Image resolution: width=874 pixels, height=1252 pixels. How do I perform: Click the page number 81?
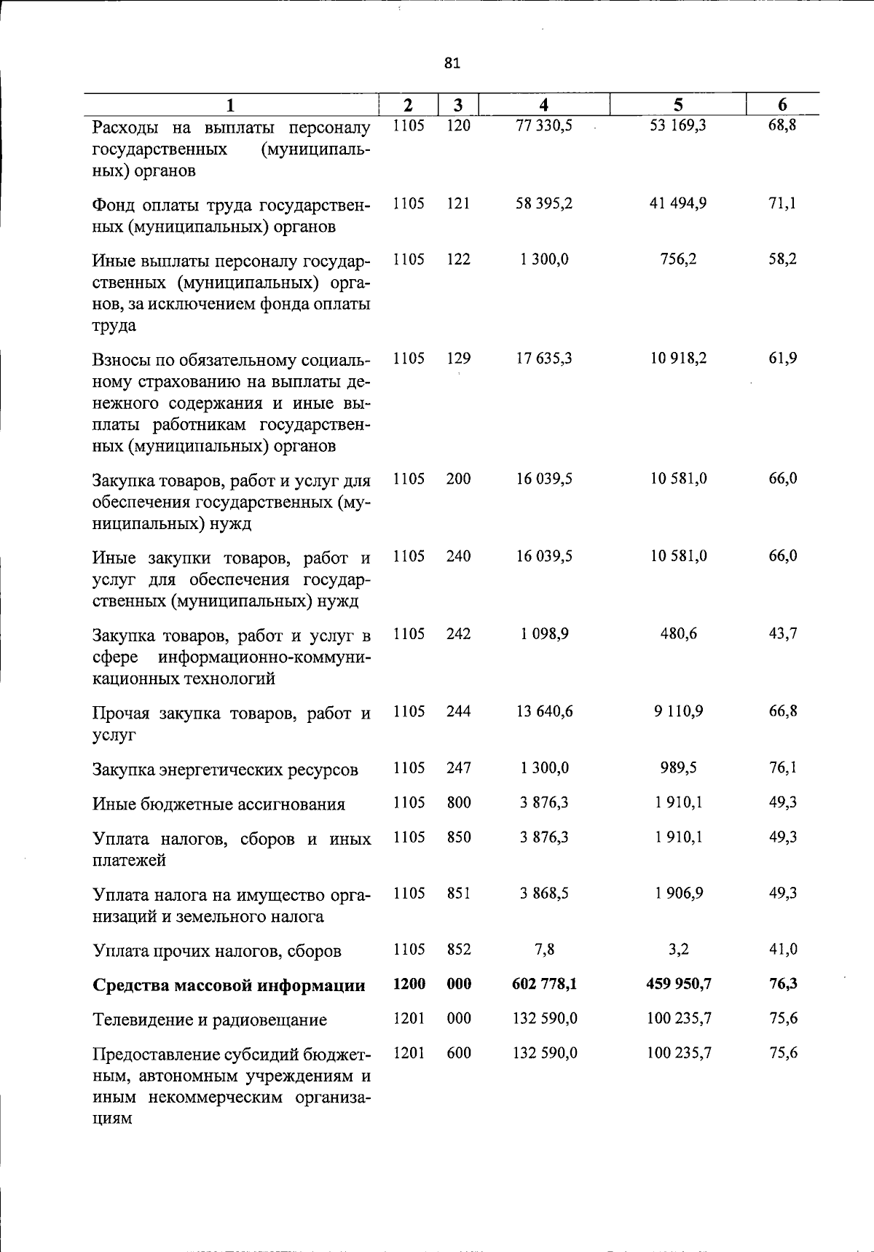tap(452, 63)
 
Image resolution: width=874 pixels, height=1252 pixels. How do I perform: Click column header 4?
tap(543, 105)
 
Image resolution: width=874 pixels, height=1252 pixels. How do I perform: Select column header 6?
tap(783, 105)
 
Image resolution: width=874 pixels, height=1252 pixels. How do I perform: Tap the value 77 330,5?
tap(544, 125)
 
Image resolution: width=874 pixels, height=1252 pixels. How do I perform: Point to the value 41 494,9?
tap(678, 203)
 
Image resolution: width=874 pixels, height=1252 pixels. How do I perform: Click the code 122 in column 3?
tap(459, 259)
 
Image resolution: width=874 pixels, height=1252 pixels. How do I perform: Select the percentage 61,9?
tap(783, 359)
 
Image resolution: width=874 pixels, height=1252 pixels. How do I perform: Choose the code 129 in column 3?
tap(459, 359)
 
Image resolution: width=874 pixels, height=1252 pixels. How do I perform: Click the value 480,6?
tap(678, 634)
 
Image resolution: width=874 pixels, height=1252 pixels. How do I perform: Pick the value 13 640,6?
tap(544, 711)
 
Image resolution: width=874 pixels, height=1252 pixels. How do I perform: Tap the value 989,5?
tap(678, 767)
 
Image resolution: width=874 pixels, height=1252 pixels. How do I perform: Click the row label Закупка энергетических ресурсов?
tap(225, 770)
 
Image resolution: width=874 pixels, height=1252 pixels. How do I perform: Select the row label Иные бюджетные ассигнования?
tap(219, 805)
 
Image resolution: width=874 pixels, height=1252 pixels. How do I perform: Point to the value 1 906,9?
tap(678, 893)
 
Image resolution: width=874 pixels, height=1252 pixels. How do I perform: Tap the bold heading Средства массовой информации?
tap(229, 985)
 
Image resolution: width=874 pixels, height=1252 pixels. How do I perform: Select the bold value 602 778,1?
tap(544, 984)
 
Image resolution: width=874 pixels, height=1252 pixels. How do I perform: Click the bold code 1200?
tap(409, 984)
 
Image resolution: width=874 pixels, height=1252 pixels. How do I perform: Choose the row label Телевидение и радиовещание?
tap(210, 1020)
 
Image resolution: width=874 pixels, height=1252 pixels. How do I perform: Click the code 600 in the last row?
tap(459, 1053)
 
